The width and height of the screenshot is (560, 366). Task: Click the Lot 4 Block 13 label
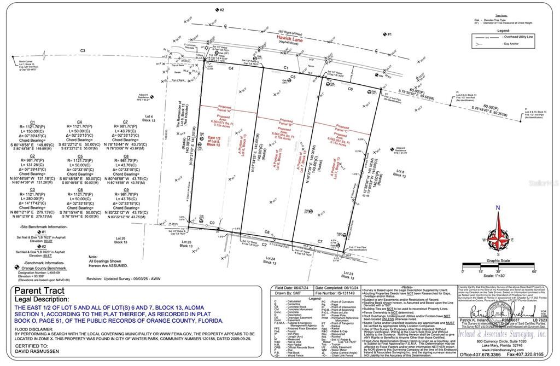tap(148, 118)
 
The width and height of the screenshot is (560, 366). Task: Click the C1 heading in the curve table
tap(32, 122)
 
